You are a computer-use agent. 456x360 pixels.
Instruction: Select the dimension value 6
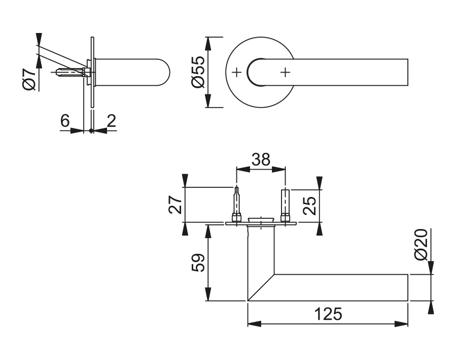(64, 121)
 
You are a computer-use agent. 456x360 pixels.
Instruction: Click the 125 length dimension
(327, 314)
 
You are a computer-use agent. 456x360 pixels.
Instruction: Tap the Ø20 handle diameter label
(422, 245)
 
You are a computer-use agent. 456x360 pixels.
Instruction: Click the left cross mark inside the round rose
(236, 73)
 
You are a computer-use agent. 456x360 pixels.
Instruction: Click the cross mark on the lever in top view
(285, 73)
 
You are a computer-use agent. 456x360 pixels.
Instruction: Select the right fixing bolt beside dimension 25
(285, 206)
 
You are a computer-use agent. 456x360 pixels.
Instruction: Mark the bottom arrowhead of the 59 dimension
(207, 296)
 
